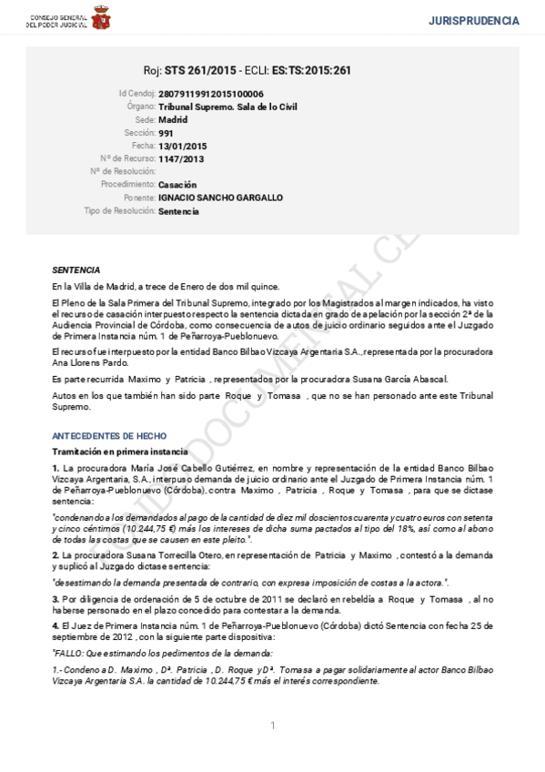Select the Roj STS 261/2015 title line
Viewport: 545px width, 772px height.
pos(247,70)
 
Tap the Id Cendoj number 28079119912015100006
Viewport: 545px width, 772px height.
pos(211,94)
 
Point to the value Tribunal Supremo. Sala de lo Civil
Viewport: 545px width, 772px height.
pos(227,107)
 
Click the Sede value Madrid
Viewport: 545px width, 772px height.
pos(173,119)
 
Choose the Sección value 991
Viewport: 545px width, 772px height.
pos(165,133)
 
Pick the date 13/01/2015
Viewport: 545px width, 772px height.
pos(182,146)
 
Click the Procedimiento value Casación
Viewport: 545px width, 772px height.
pos(177,185)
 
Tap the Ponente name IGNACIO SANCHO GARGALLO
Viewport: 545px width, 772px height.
pos(219,198)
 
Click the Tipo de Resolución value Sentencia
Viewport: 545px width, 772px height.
pos(178,211)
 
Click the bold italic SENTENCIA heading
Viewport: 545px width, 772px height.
pos(76,270)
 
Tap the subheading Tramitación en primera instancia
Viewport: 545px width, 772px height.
pos(120,452)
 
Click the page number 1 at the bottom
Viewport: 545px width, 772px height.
pos(272,725)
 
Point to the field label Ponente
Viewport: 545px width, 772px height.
pos(135,198)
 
